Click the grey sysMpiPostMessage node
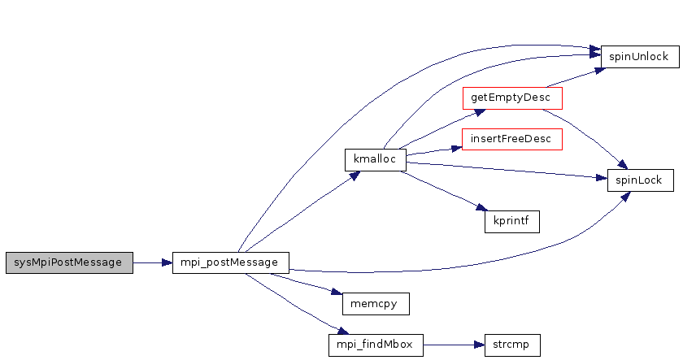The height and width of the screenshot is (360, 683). tap(68, 262)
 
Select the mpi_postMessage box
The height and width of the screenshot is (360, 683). tap(231, 262)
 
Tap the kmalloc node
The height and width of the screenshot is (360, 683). tap(375, 159)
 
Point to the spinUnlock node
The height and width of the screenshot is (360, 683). tap(639, 57)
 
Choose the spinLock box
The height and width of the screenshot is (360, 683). tap(640, 180)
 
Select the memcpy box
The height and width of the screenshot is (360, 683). tap(375, 303)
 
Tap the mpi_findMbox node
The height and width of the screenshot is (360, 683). tap(375, 345)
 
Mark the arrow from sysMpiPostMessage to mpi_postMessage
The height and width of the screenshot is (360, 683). tap(152, 262)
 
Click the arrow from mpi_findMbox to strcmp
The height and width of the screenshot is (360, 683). tap(454, 345)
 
